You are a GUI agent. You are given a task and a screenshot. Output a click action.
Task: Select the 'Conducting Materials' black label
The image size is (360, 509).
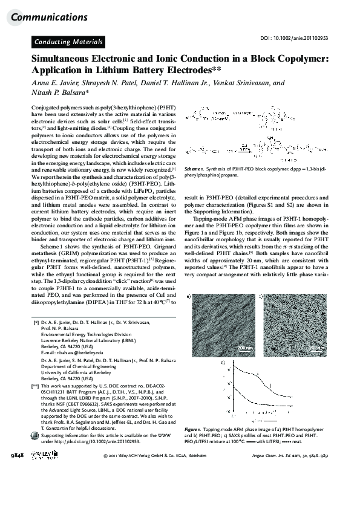(68, 42)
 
